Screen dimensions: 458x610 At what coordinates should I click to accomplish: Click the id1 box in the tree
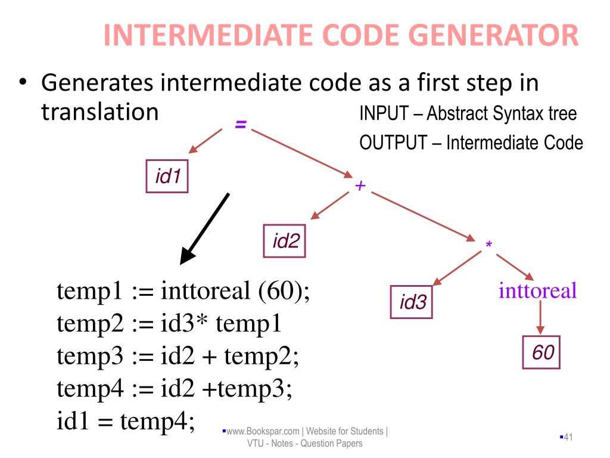(x=167, y=176)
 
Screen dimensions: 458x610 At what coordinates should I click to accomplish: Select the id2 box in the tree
(x=285, y=240)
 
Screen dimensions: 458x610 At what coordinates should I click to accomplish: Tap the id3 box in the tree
(x=412, y=302)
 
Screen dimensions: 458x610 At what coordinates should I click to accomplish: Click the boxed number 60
(x=543, y=352)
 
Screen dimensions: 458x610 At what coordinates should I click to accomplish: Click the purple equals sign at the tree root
(x=241, y=125)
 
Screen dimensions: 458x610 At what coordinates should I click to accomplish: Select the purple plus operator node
(x=360, y=186)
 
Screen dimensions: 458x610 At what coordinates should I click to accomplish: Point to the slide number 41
(x=567, y=438)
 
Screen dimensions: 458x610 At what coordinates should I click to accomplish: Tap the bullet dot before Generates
(x=22, y=83)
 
